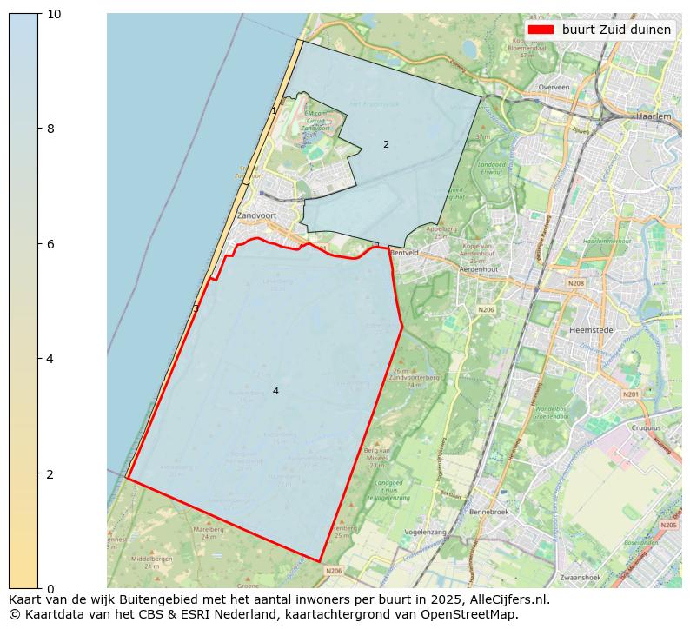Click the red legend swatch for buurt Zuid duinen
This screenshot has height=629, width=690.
540,30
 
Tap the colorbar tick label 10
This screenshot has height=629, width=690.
54,14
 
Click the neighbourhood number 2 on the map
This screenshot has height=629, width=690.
386,144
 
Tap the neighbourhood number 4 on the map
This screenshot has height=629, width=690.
275,391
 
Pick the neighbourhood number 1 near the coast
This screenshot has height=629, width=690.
274,110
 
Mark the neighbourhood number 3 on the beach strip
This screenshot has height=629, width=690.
196,308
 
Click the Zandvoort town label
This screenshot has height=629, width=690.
256,215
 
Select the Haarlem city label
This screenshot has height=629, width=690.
654,116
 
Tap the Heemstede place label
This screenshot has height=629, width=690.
592,330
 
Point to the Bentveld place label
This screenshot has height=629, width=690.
405,253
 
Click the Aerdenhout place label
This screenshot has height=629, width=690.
478,269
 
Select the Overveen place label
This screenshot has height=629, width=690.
554,88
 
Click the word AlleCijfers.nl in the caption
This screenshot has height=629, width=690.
508,599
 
